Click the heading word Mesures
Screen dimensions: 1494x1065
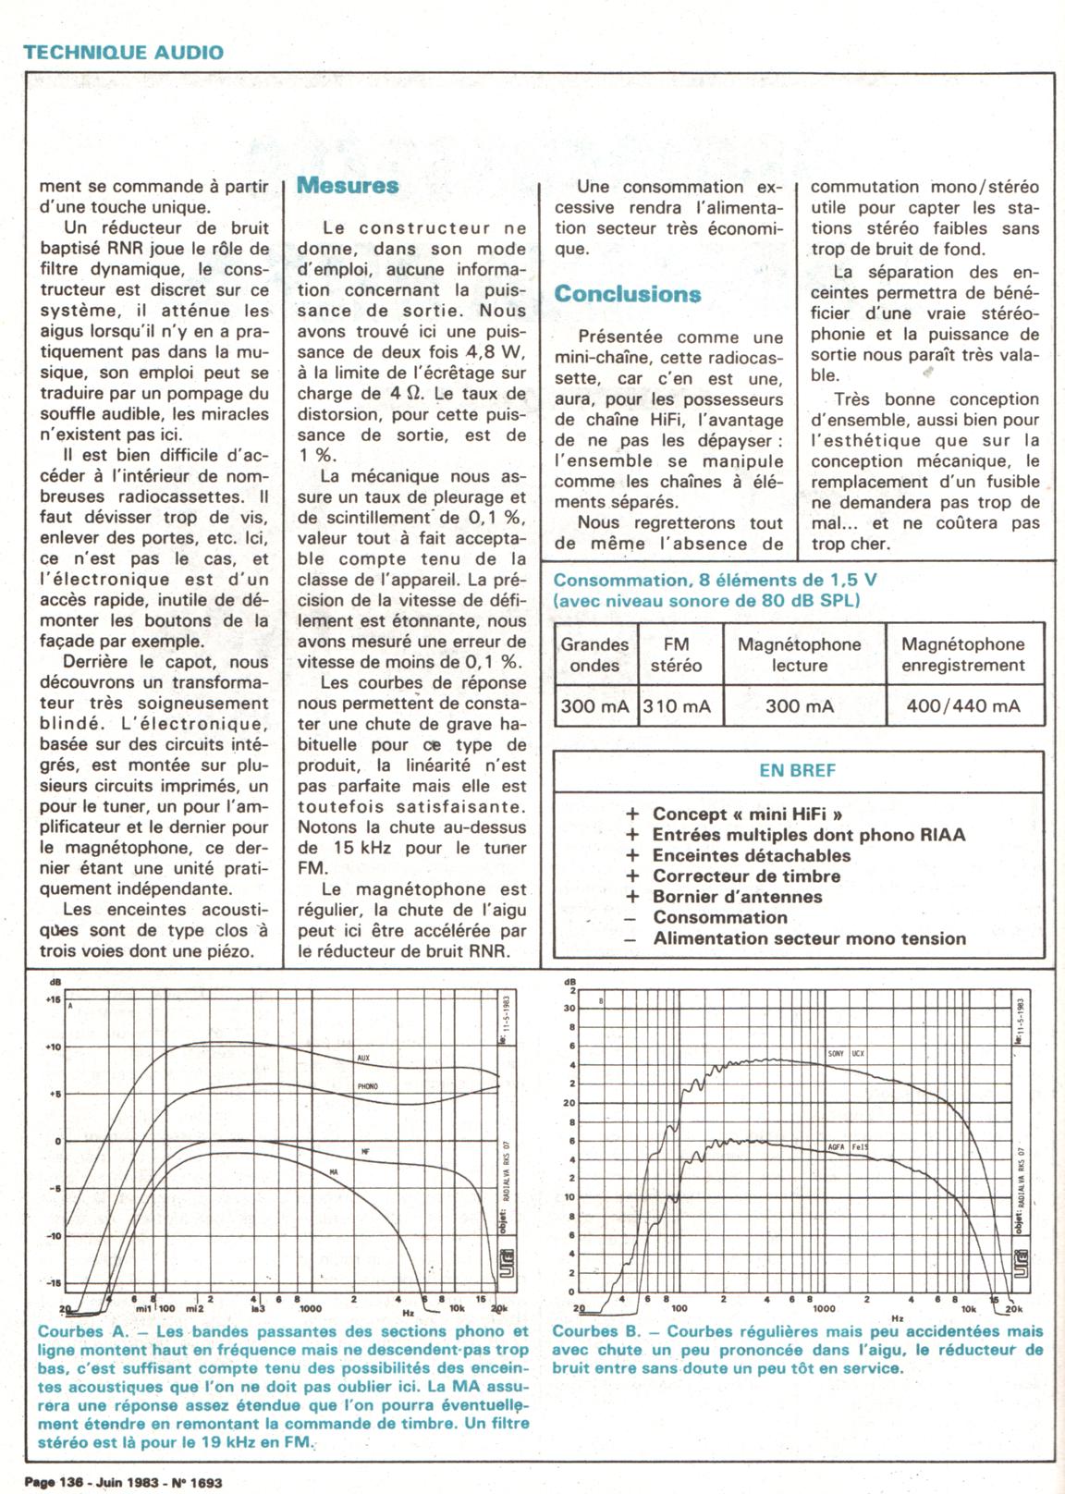348,185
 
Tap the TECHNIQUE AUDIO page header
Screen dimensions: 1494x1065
124,52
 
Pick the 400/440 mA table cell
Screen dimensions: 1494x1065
963,706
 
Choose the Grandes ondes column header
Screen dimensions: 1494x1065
594,655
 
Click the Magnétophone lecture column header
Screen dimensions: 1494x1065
799,655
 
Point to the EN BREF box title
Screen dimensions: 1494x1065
797,770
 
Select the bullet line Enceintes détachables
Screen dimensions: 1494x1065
751,855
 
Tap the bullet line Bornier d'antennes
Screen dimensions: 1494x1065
737,897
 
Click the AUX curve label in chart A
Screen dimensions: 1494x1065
363,1058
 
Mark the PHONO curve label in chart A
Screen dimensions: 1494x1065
367,1086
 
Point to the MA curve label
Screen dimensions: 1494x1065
335,1171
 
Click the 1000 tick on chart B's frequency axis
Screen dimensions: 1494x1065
824,1308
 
